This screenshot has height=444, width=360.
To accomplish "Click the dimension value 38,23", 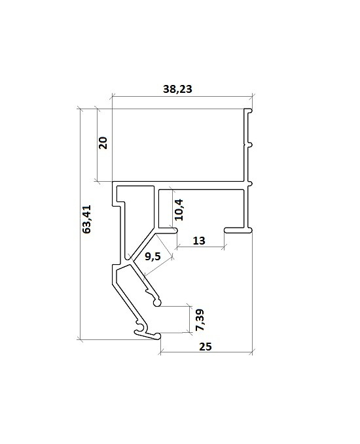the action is coord(177,89).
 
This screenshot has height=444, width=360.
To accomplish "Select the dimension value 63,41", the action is coord(86,219).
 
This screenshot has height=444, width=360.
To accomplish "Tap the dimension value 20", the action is coord(103,143).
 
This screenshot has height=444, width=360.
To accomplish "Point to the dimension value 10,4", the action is coord(179,210).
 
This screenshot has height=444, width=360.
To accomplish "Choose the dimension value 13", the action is coord(199,241).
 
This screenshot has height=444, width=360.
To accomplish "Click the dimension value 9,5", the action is coord(153,256).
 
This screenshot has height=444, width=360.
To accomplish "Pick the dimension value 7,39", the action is coord(200,320).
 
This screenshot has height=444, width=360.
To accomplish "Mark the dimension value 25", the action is coord(206,347).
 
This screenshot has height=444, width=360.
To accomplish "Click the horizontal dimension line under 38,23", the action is coord(182,97).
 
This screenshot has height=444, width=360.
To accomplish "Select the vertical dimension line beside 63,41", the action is coord(81,224).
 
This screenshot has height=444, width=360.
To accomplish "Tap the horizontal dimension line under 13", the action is coord(201,247).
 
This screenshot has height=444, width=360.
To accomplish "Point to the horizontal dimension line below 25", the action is coord(206,352).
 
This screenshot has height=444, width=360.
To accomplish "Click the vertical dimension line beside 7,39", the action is coord(189,319).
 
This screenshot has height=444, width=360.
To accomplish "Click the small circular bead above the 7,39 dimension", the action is coord(156,303).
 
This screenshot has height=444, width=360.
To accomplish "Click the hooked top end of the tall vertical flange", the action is coord(249,111).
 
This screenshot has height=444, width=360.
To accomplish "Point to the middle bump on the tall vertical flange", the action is coord(250,145).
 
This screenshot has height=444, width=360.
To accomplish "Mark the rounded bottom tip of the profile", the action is coord(157,336).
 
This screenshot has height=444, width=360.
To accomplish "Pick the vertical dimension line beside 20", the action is coord(98,145).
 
